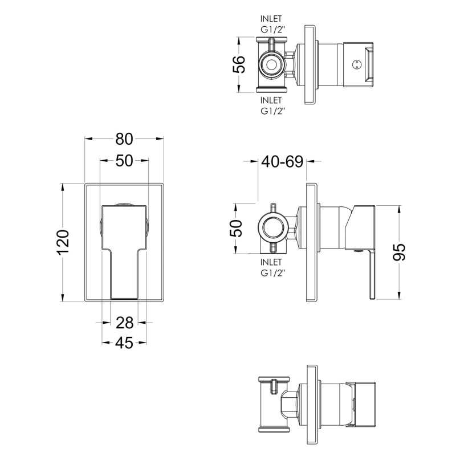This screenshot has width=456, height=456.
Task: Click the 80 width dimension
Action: [x=124, y=139]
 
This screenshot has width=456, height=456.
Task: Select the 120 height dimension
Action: [x=63, y=242]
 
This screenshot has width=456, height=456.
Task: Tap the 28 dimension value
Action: [x=124, y=323]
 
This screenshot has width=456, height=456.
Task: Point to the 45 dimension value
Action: [x=124, y=343]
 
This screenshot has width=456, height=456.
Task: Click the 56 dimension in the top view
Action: [x=239, y=64]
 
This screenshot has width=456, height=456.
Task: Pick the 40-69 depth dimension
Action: [x=282, y=161]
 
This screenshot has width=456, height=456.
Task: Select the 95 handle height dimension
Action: [x=399, y=252]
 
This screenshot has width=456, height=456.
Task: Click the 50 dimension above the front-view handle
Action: [x=124, y=161]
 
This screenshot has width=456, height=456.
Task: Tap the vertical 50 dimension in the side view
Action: [x=236, y=229]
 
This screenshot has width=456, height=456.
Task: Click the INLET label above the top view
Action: [x=271, y=19]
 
